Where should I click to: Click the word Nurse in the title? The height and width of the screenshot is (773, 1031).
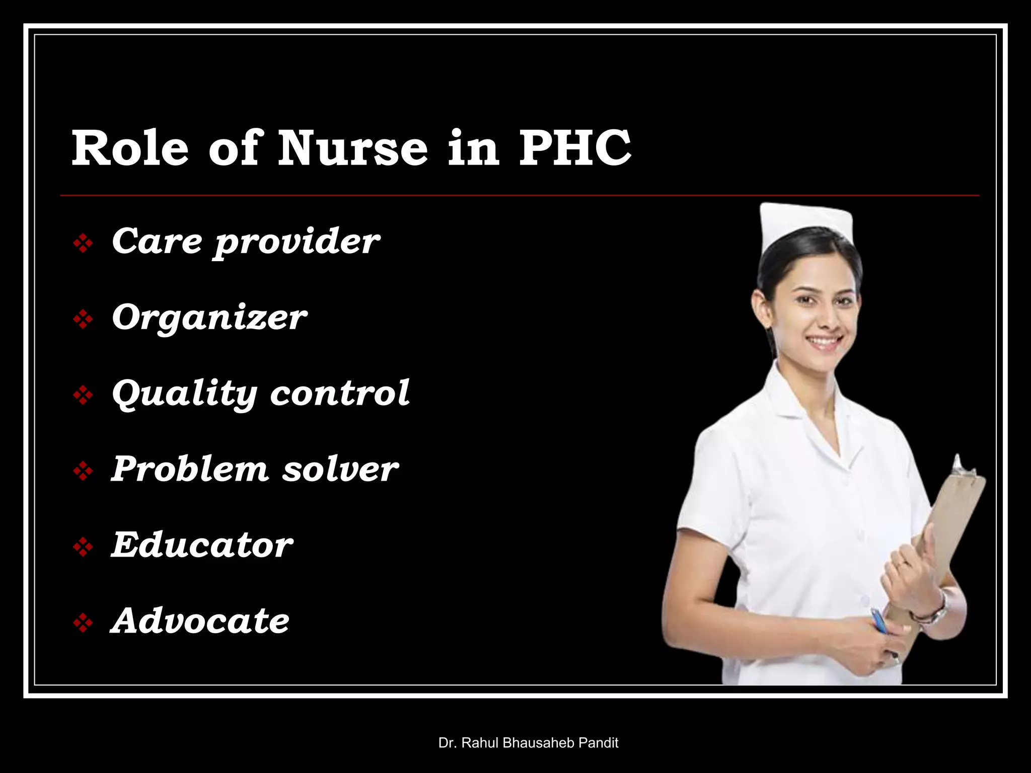click(352, 148)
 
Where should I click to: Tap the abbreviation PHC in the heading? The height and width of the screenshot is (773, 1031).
click(574, 148)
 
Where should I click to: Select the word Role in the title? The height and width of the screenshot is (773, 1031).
click(130, 148)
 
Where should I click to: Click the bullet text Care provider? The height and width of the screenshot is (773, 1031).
click(246, 242)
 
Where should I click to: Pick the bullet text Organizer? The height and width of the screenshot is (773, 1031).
click(209, 318)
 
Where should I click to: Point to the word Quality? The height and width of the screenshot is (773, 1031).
click(184, 394)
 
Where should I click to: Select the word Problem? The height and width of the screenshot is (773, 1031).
click(190, 469)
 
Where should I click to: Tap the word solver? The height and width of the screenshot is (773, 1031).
click(340, 470)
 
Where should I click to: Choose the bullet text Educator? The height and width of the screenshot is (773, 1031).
click(202, 545)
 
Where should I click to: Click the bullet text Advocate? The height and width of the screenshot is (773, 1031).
click(200, 621)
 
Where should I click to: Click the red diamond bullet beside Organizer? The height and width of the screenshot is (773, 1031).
click(83, 320)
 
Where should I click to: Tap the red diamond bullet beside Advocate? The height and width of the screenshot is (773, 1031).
click(83, 624)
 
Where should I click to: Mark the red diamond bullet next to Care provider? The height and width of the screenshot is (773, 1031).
click(83, 244)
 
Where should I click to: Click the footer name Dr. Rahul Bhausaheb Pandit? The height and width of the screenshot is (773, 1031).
click(528, 743)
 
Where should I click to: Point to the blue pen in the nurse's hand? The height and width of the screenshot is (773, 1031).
click(879, 622)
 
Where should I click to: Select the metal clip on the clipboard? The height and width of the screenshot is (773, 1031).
click(963, 468)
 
